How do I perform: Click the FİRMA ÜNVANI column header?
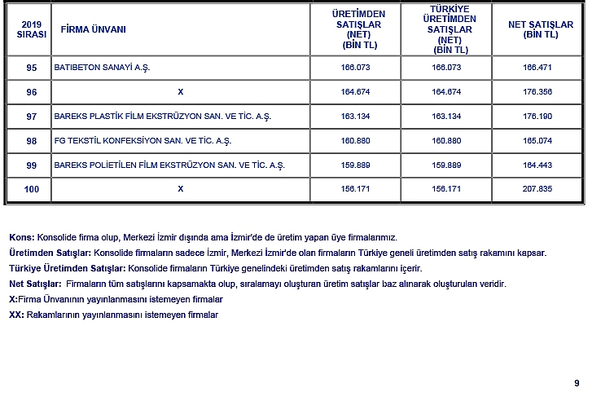[x=93, y=29]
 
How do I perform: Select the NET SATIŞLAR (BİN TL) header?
[x=540, y=29]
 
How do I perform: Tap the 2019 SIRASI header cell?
[x=32, y=29]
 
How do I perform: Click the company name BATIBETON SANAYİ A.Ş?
[x=102, y=68]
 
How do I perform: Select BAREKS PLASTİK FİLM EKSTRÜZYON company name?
[x=162, y=117]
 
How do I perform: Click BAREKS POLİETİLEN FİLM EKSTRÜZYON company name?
[x=169, y=165]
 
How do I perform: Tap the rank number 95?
[x=32, y=68]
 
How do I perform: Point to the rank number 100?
[x=32, y=190]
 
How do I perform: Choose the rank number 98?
[x=32, y=141]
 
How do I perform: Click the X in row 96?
[x=181, y=92]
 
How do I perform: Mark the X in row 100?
[x=181, y=189]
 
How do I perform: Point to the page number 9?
[x=577, y=383]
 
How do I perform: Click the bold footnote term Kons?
[x=21, y=237]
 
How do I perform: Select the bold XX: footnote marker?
[x=15, y=315]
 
